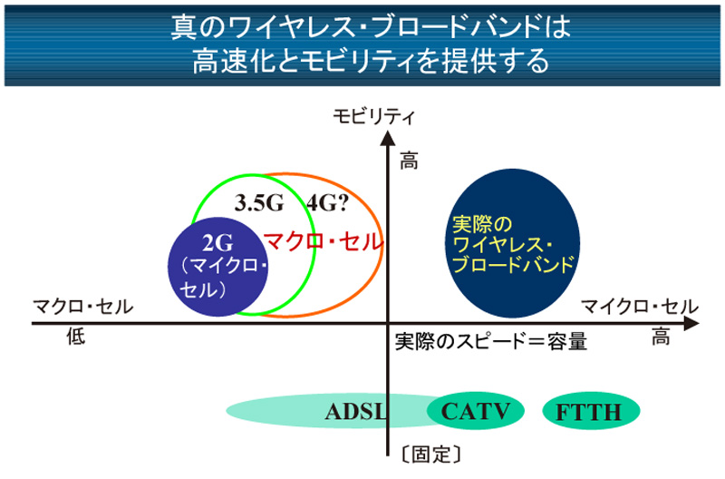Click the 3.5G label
[x=259, y=202]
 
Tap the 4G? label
[x=327, y=202]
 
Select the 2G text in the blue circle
[x=217, y=243]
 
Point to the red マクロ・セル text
[x=324, y=242]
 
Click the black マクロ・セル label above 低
[x=82, y=307]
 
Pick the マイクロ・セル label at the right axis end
[x=640, y=307]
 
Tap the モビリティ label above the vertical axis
[x=374, y=116]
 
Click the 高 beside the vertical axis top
[x=409, y=162]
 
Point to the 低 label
[x=76, y=337]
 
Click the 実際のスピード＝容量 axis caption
[x=491, y=341]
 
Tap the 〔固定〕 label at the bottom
[x=431, y=455]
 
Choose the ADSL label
[x=355, y=412]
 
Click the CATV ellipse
[x=475, y=411]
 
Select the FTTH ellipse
[x=591, y=411]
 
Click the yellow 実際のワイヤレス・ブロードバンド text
[x=513, y=244]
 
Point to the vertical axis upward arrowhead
[x=388, y=138]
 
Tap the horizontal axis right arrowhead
[x=691, y=324]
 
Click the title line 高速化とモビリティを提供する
[x=371, y=61]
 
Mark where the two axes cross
[x=388, y=324]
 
